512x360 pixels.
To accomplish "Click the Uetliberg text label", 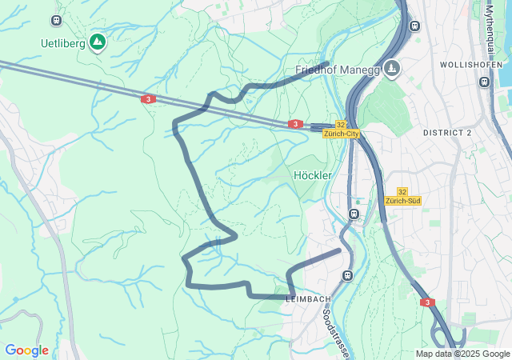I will click(x=63, y=43).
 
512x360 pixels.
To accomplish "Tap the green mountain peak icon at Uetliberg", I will click(x=98, y=42).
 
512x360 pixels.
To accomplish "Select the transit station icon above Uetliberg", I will click(x=56, y=20).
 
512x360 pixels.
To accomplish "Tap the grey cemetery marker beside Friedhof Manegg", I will click(x=391, y=69).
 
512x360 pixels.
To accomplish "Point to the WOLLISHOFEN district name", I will click(x=471, y=64).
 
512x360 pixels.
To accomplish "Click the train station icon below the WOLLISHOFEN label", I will click(x=483, y=82).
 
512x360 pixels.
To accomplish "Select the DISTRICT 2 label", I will click(x=447, y=132).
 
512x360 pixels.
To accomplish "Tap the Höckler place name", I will click(x=313, y=175).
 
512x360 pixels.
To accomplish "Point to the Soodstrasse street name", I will click(x=335, y=333).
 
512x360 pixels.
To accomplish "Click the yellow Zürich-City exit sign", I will click(x=342, y=134).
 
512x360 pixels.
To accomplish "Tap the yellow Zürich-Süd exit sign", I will click(x=402, y=201).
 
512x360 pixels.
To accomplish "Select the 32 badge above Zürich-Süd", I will click(x=402, y=191).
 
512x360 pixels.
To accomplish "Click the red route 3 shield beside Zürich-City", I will click(x=296, y=124).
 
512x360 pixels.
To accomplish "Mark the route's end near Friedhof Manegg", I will click(x=327, y=63).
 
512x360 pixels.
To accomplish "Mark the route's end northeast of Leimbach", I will click(x=339, y=250).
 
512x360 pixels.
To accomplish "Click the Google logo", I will click(x=26, y=350).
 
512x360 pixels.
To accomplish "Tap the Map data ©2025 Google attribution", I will click(x=462, y=354).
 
